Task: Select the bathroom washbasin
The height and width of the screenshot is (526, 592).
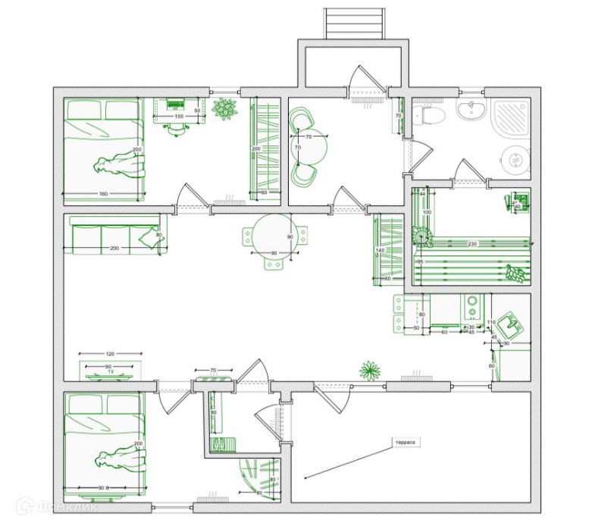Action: (471, 111)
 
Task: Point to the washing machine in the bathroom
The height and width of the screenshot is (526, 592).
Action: (515, 162)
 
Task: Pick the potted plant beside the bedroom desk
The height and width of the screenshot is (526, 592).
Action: (225, 109)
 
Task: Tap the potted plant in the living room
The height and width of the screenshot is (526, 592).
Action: (370, 371)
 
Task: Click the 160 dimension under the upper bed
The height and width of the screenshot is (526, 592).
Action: (103, 194)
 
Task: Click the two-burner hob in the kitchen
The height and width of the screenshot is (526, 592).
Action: (472, 307)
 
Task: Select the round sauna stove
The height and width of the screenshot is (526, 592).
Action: (421, 236)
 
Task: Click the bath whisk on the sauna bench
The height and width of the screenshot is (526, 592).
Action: (516, 273)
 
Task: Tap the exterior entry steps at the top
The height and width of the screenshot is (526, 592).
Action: (352, 23)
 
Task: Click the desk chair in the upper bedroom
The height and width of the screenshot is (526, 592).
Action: (177, 127)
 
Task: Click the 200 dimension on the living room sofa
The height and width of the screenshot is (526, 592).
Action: (114, 249)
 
